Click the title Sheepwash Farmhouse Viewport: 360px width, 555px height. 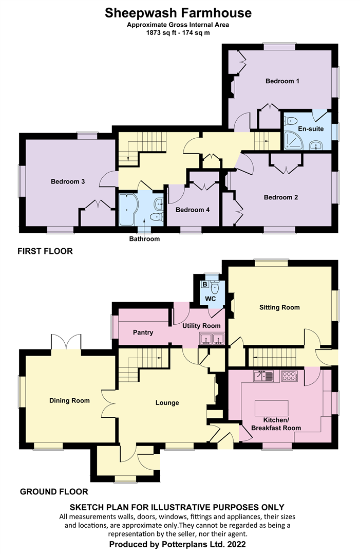178,13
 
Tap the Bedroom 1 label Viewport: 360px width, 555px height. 282,81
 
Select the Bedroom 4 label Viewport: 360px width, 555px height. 192,210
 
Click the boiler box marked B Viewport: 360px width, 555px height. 204,284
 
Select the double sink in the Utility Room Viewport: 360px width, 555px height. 212,339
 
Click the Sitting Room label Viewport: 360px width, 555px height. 279,308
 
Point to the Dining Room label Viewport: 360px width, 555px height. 69,401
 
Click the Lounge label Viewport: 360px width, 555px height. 167,403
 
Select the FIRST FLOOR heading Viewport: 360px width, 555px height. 45,251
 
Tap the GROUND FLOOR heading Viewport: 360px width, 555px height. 54,491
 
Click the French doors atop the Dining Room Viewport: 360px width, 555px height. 66,342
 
